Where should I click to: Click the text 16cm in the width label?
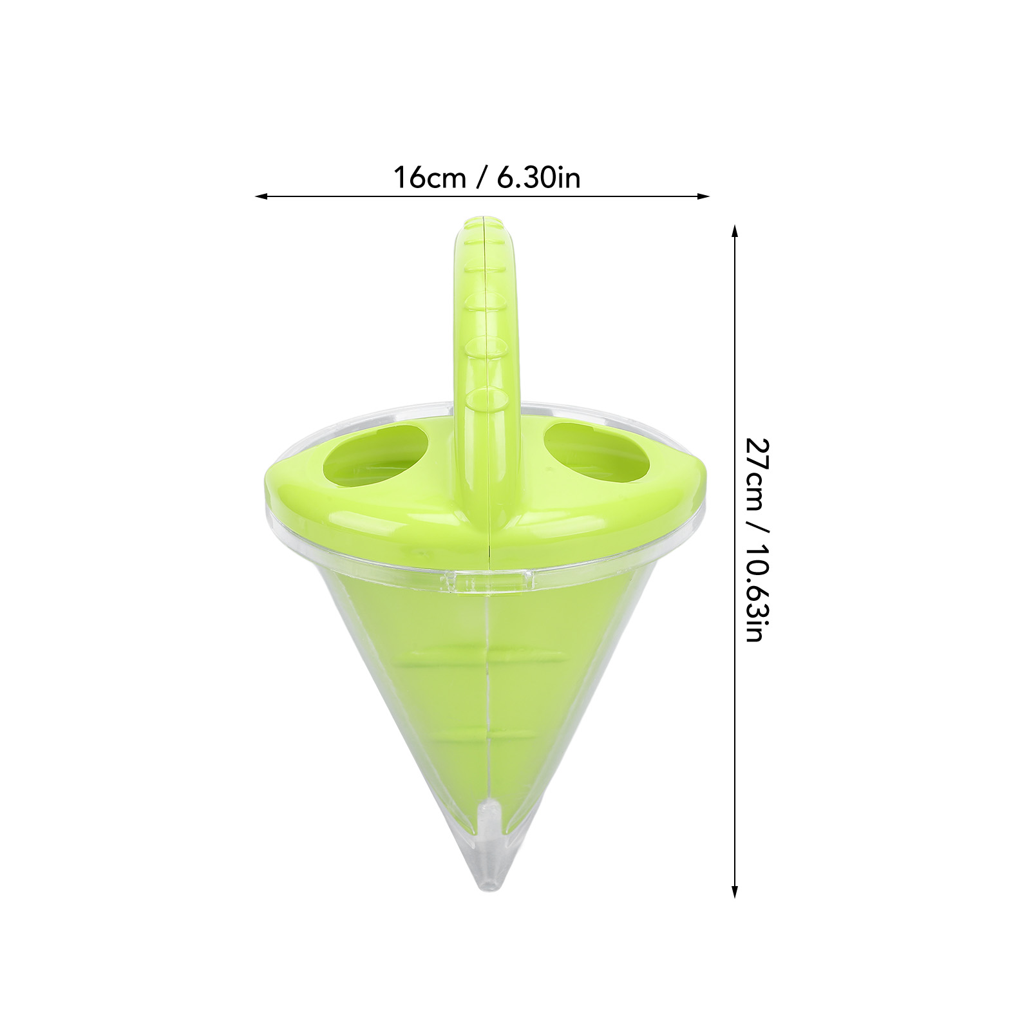[430, 178]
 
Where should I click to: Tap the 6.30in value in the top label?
[538, 178]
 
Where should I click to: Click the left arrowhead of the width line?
[261, 196]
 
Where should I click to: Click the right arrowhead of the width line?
[703, 196]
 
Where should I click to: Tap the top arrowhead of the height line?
[735, 231]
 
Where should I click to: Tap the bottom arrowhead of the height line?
[735, 891]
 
